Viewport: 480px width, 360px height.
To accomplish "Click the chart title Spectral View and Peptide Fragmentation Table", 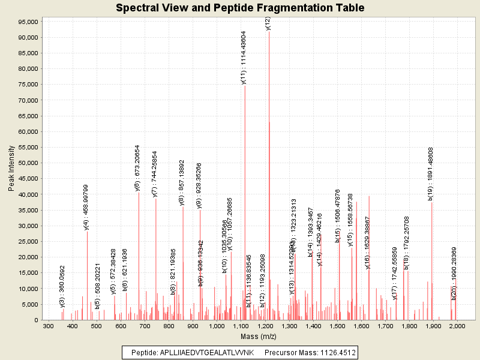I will click(x=240, y=8).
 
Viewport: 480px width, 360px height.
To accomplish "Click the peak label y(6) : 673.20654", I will click(x=138, y=168).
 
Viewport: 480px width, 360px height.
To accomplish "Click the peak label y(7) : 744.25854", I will click(x=155, y=174).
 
